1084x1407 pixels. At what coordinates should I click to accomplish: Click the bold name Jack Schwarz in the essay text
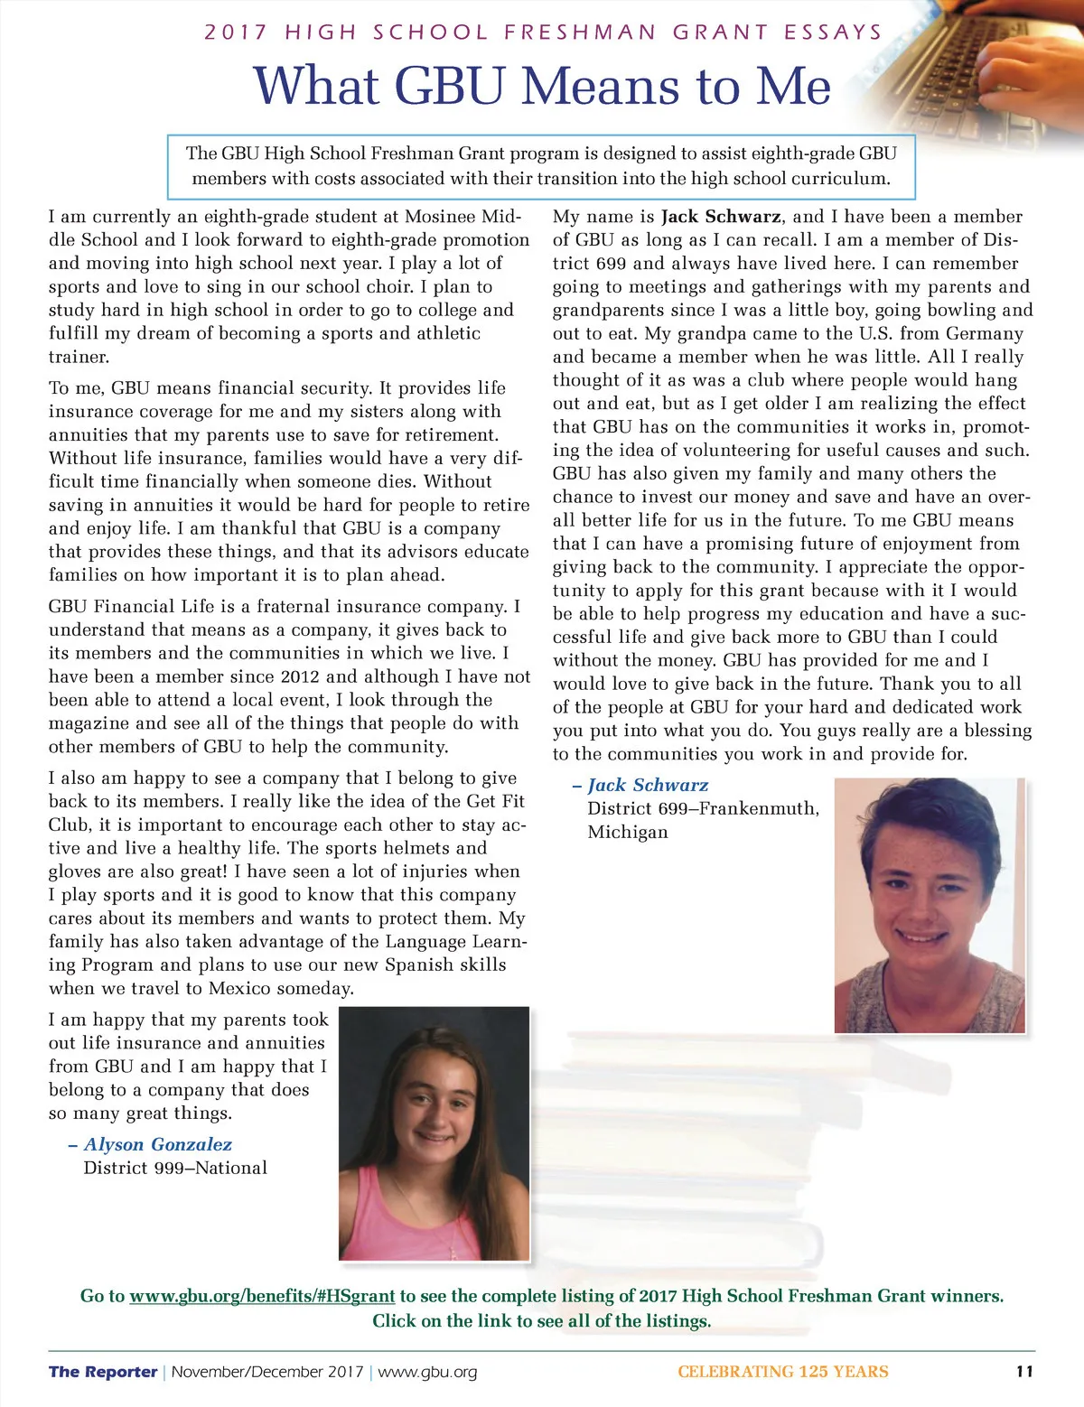[721, 217]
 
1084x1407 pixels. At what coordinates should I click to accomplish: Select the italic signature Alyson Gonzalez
[157, 1145]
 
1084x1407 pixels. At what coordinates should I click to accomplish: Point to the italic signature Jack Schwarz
[648, 786]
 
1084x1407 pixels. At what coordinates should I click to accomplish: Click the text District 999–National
[175, 1169]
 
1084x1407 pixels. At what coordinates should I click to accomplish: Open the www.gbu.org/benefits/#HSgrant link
[262, 1297]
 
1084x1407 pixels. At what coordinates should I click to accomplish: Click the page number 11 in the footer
[1024, 1372]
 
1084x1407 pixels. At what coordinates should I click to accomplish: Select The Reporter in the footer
[103, 1372]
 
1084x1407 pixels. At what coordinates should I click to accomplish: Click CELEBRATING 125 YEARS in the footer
[782, 1372]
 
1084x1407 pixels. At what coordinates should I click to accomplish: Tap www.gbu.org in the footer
[427, 1372]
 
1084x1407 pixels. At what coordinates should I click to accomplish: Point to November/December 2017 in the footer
[267, 1372]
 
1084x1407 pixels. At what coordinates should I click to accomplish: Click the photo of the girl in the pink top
[434, 1133]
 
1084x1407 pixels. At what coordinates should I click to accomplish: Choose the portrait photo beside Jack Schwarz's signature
[930, 905]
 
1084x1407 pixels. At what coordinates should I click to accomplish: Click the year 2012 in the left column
[300, 677]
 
